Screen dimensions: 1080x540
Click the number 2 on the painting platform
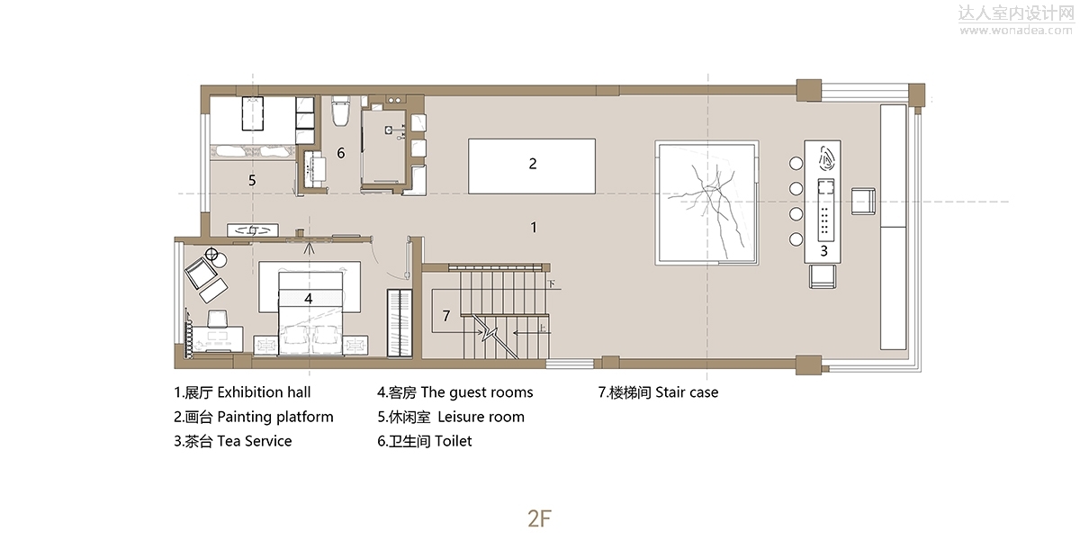coord(532,164)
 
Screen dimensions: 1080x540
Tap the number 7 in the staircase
coord(446,316)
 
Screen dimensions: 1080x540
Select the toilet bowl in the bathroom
coord(340,112)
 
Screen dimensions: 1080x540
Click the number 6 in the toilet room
coord(341,153)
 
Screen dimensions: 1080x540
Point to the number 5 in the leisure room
coord(252,180)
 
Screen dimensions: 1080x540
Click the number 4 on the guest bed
coord(309,299)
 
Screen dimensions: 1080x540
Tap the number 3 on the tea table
coord(824,251)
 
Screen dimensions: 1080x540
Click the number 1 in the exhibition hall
coord(533,227)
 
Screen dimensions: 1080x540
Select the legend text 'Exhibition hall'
coord(264,392)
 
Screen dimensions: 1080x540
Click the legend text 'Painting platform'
coord(275,417)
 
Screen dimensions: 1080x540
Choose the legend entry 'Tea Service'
coord(255,441)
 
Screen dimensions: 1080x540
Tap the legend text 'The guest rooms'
coord(477,392)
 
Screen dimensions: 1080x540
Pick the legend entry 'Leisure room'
coord(481,417)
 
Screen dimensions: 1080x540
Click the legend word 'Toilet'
coord(454,441)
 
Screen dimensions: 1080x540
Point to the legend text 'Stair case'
coord(687,392)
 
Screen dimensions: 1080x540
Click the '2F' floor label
coord(539,518)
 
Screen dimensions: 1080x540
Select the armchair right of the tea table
coord(863,202)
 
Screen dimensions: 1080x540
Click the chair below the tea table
coord(823,277)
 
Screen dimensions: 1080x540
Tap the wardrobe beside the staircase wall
coord(400,323)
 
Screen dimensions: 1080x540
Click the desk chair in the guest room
coord(218,319)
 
